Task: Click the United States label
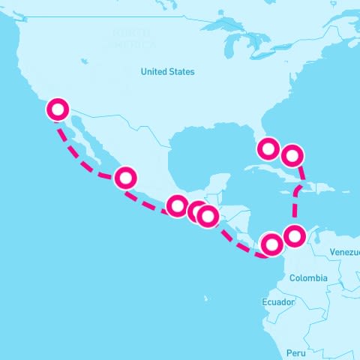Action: tap(168, 72)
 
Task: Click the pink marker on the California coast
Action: tap(57, 109)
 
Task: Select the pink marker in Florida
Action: tap(268, 148)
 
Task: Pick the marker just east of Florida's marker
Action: tap(292, 156)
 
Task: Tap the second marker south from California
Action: tap(125, 178)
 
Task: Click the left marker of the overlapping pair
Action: tap(198, 211)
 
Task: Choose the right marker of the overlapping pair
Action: tap(208, 216)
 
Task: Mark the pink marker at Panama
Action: tap(271, 244)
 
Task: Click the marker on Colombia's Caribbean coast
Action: tap(295, 235)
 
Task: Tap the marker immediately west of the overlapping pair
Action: tap(178, 205)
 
